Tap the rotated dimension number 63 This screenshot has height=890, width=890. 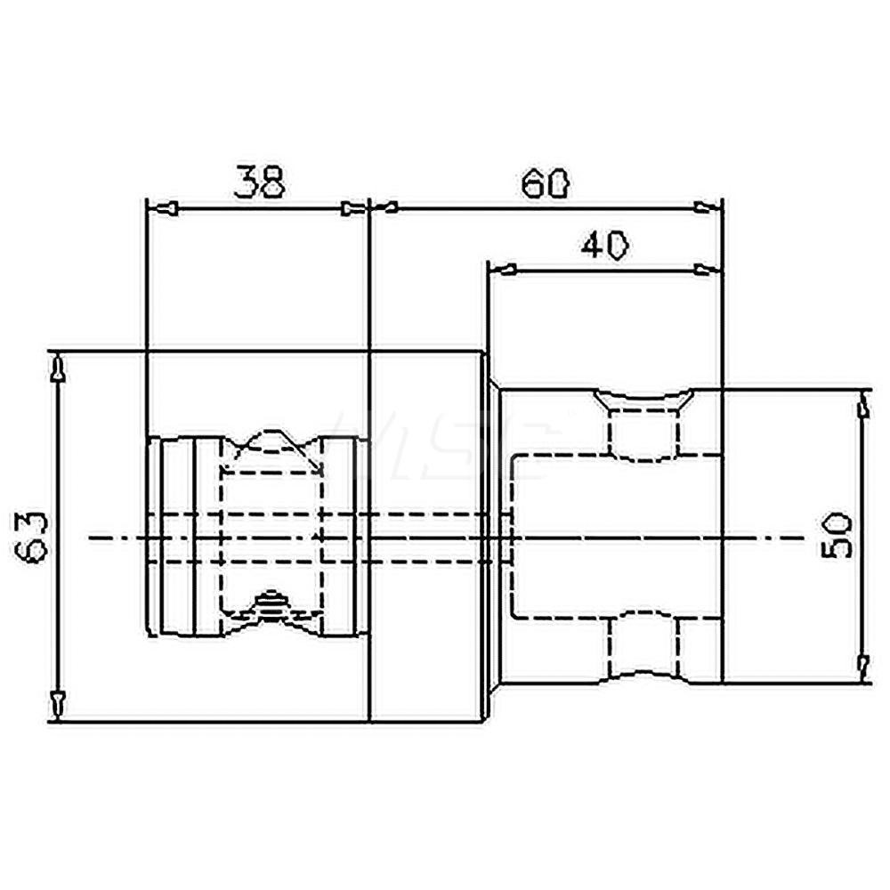pyautogui.click(x=32, y=536)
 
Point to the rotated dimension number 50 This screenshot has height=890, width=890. pyautogui.click(x=838, y=535)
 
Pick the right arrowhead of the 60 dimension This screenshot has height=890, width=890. pyautogui.click(x=708, y=208)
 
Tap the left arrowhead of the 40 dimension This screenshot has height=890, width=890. pyautogui.click(x=503, y=270)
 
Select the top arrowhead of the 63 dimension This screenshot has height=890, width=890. pyautogui.click(x=58, y=368)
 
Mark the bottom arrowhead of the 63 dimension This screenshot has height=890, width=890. pyautogui.click(x=58, y=703)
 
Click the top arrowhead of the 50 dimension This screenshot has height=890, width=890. pyautogui.click(x=862, y=407)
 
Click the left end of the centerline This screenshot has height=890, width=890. pyautogui.click(x=91, y=538)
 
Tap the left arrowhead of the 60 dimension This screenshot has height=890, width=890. pyautogui.click(x=384, y=208)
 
